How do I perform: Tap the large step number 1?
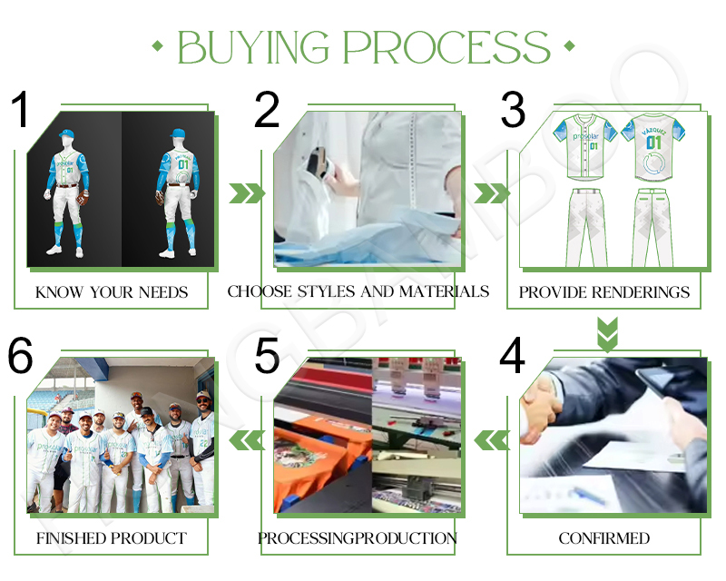[22, 111]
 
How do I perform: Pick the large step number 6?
[22, 357]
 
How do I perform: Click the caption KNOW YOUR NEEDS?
[112, 292]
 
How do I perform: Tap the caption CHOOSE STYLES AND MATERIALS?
[358, 291]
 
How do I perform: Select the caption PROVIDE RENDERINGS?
[603, 292]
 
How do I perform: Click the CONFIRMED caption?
[603, 538]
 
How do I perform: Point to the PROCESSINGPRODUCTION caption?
[358, 538]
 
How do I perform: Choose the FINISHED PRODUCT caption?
[112, 538]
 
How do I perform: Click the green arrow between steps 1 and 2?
[246, 192]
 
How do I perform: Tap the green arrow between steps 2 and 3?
[492, 192]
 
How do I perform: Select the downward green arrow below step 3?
[606, 332]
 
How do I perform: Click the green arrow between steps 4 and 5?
[492, 440]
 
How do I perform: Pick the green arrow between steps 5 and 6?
[246, 440]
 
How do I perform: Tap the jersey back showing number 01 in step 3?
[653, 150]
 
